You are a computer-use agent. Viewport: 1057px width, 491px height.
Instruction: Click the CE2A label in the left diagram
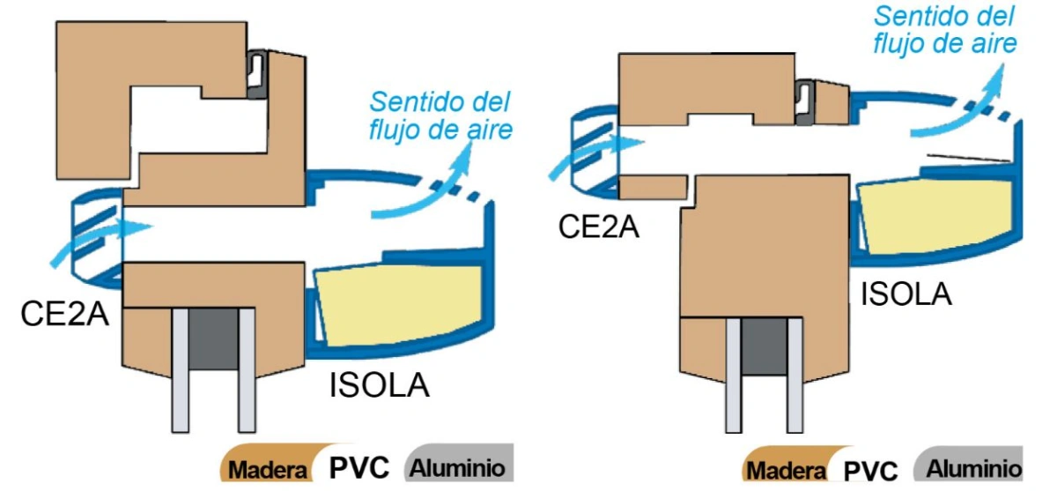64,314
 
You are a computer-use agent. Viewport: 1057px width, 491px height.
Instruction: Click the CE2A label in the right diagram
598,227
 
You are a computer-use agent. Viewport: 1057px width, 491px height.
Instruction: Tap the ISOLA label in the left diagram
380,386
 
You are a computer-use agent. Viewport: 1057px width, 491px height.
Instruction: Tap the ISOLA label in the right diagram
906,294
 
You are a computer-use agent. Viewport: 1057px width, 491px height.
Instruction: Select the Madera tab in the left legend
267,464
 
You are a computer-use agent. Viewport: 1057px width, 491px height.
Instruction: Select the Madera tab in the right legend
786,464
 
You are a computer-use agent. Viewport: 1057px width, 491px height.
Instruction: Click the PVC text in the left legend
359,468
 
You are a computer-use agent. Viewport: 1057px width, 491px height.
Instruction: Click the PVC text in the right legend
870,470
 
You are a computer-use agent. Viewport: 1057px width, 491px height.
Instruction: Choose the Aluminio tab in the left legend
459,463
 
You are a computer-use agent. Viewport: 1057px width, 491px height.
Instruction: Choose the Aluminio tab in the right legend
969,464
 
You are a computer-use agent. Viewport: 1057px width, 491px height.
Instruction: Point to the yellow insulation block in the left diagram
400,305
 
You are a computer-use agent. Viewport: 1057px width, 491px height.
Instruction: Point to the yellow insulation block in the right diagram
936,216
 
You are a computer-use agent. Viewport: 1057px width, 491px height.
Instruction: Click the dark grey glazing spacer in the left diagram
213,338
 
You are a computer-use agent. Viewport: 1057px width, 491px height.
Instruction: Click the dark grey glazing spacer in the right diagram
765,346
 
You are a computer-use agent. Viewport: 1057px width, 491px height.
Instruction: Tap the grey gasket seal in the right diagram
805,102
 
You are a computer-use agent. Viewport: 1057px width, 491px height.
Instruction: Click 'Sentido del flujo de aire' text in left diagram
440,115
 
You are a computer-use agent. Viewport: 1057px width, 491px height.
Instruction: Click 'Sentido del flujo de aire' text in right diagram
944,31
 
